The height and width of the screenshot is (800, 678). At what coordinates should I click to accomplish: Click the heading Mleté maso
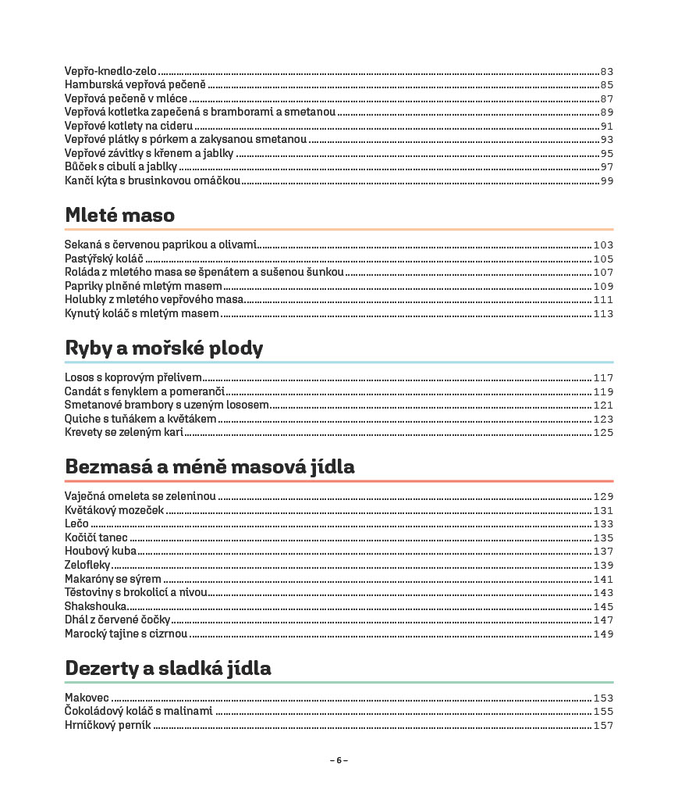(x=119, y=215)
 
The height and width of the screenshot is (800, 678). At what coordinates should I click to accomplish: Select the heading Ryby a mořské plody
(x=164, y=348)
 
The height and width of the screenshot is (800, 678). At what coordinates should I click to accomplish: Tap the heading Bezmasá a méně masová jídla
(x=210, y=467)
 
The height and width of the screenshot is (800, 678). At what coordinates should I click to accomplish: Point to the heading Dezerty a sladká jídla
(x=169, y=669)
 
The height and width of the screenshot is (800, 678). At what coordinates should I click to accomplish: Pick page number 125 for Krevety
(x=603, y=432)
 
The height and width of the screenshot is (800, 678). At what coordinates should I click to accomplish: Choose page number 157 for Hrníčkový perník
(x=603, y=726)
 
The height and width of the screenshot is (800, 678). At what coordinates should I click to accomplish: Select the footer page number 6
(x=339, y=760)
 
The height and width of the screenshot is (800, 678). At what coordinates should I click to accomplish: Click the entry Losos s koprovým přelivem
(x=133, y=377)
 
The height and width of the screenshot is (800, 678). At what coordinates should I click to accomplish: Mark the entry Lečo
(x=76, y=523)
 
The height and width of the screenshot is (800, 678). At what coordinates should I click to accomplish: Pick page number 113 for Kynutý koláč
(x=603, y=314)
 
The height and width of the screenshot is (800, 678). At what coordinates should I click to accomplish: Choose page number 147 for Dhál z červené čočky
(x=603, y=620)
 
